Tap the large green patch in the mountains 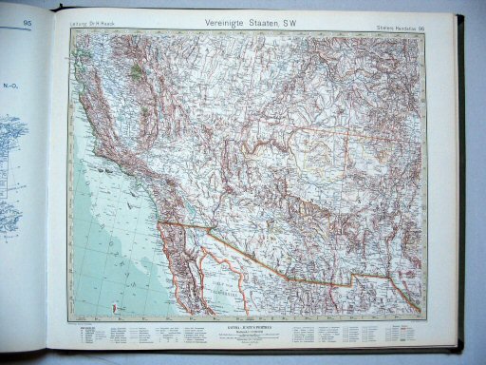139,71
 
